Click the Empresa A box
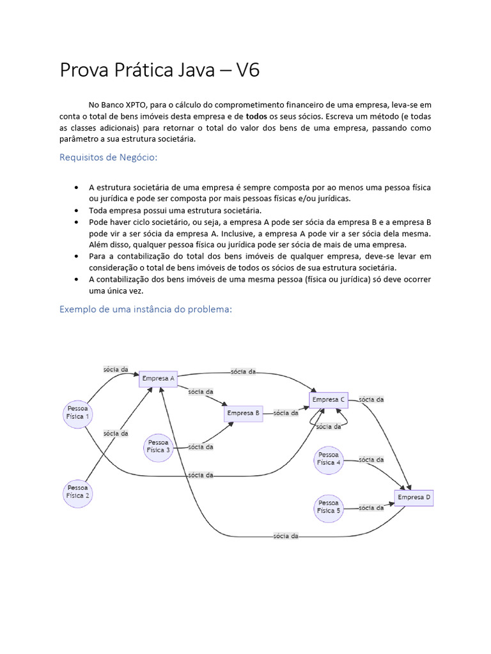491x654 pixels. point(158,379)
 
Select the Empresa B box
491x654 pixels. point(244,413)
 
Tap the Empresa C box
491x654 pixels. point(329,400)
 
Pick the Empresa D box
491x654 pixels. point(414,498)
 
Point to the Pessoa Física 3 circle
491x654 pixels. point(159,446)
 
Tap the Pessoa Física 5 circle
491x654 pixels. point(329,507)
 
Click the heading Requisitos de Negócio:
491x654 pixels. point(108,157)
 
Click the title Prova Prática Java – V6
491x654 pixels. point(160,70)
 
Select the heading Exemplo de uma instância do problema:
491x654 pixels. point(145,309)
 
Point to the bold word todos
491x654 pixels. point(256,116)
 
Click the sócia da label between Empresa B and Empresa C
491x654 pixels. point(286,413)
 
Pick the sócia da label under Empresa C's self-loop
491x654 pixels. point(329,427)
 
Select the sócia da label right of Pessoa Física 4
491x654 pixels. point(371,459)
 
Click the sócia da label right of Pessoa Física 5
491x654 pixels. point(371,508)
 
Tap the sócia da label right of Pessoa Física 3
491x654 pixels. point(201,447)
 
